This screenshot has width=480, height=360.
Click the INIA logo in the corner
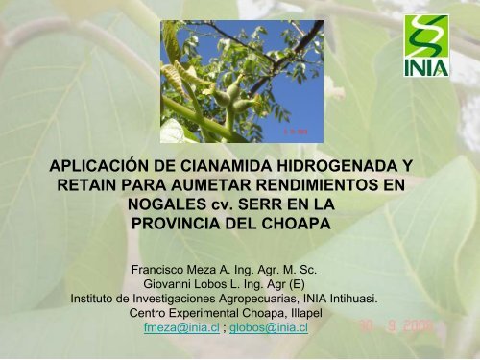point(426,46)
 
